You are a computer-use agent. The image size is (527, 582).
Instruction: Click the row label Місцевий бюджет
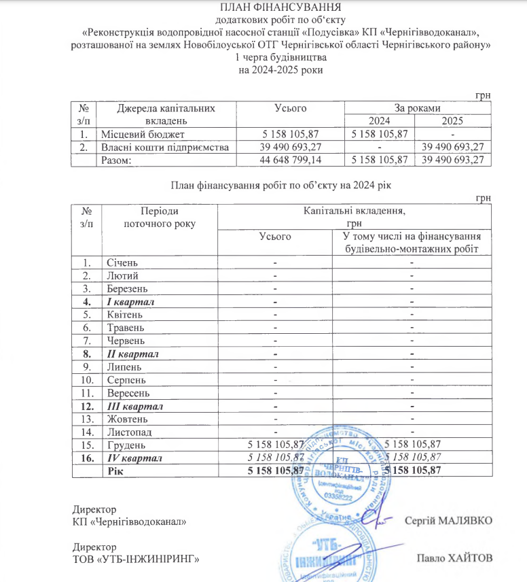143,134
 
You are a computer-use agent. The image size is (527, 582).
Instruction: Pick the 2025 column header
452,121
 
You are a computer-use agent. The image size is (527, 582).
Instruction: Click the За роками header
417,108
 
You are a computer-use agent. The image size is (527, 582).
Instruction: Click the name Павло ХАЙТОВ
454,558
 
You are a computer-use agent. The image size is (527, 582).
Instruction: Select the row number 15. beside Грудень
86,445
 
